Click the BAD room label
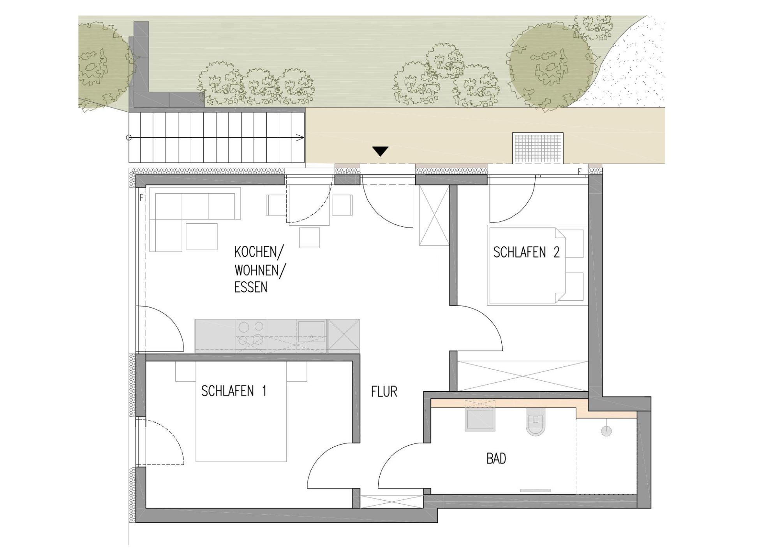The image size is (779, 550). (x=496, y=459)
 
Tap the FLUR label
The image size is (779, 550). (x=384, y=392)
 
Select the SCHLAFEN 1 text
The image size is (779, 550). (x=234, y=391)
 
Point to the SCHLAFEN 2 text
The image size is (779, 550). (x=526, y=252)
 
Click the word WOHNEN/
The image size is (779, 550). (x=259, y=270)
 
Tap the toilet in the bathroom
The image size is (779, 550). (x=535, y=421)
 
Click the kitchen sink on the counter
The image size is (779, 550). (x=311, y=332)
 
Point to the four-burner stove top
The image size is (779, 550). (x=250, y=333)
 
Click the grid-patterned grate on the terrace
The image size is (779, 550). (x=538, y=148)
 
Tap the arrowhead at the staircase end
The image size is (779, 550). (x=302, y=137)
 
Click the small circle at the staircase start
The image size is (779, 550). (x=129, y=137)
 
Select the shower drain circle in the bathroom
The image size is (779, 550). (x=606, y=431)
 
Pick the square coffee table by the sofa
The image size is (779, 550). (x=201, y=236)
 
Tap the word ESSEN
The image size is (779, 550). (x=250, y=287)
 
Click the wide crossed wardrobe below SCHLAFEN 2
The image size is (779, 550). (x=522, y=376)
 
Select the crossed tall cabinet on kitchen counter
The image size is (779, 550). (x=344, y=336)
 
